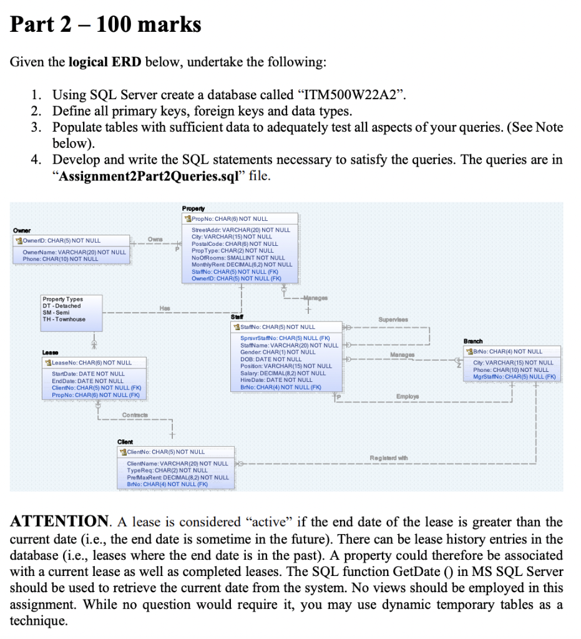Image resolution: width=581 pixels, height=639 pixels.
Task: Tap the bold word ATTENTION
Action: click(59, 522)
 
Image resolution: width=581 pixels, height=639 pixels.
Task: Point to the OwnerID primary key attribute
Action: click(60, 240)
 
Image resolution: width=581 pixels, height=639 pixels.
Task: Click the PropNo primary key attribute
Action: click(228, 219)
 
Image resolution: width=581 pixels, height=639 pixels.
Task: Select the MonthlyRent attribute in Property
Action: click(242, 265)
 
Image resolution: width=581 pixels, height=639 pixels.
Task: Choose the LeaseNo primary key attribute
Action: click(91, 363)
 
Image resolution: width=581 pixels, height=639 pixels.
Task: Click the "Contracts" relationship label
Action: click(136, 416)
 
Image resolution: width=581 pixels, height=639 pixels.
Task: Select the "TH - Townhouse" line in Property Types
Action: click(64, 319)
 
